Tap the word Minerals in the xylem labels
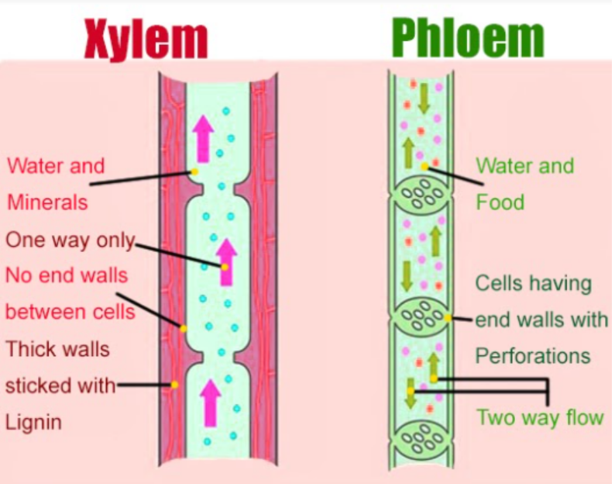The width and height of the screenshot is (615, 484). click(47, 202)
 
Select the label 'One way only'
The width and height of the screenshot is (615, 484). click(70, 240)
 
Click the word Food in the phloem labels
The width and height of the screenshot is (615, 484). click(500, 203)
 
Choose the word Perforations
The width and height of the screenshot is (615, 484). click(533, 356)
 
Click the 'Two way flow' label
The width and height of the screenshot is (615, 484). click(540, 417)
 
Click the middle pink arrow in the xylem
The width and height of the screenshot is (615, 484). click(225, 261)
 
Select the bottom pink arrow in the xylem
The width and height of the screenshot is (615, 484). click(210, 397)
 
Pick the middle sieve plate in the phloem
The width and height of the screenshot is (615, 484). click(420, 318)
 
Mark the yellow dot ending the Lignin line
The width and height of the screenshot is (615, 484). click(175, 384)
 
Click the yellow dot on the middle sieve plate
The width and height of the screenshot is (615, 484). click(448, 318)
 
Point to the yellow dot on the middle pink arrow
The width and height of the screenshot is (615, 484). click(225, 267)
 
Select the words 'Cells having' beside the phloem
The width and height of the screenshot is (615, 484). click(533, 283)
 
